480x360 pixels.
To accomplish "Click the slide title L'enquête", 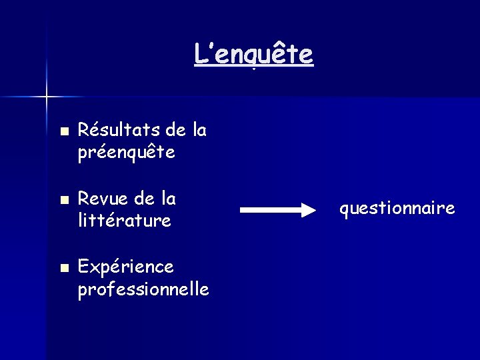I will click(253, 54).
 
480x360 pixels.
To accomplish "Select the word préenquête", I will click(126, 153).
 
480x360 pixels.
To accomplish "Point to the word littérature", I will click(125, 219).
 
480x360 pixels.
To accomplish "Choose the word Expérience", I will click(126, 267).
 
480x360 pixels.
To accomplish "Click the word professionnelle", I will click(143, 290).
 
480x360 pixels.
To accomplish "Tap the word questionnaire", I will click(397, 209).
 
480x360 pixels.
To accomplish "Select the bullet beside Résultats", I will click(63, 131).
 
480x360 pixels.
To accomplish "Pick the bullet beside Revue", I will click(63, 200).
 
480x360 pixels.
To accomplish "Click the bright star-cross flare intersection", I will click(46, 97).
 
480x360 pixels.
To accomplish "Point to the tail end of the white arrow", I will click(242, 211).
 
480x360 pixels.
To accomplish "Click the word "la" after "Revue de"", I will click(169, 198).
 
